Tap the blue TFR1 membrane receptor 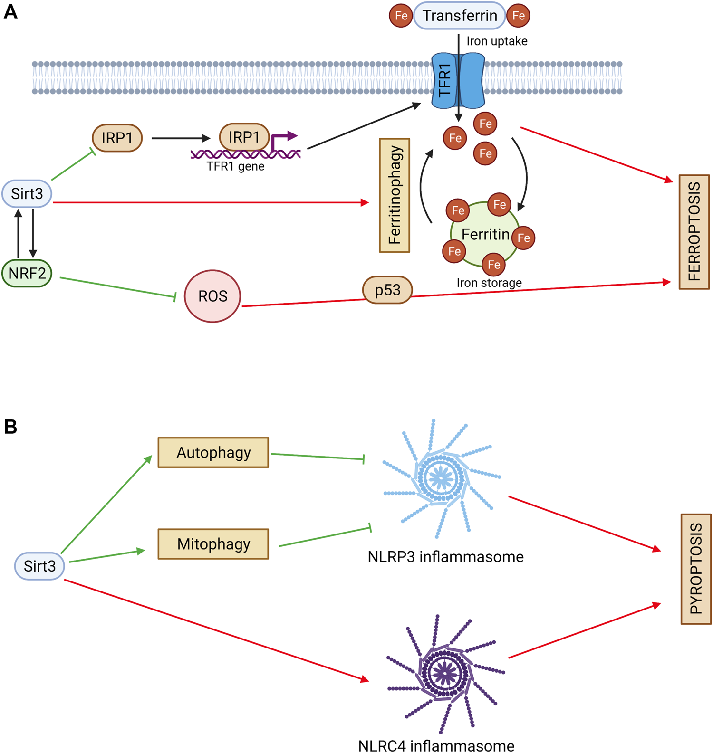458,80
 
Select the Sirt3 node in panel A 27,194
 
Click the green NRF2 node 27,273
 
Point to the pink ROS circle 212,296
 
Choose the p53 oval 387,290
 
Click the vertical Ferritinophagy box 395,195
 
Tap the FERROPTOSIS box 694,232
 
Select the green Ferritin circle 484,235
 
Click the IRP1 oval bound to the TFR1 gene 244,137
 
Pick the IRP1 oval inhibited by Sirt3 117,138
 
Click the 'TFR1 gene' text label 236,167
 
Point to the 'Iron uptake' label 497,41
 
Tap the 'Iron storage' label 489,283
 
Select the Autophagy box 213,453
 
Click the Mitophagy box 213,544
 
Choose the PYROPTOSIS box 696,569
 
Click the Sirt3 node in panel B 40,566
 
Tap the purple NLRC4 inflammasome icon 445,673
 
